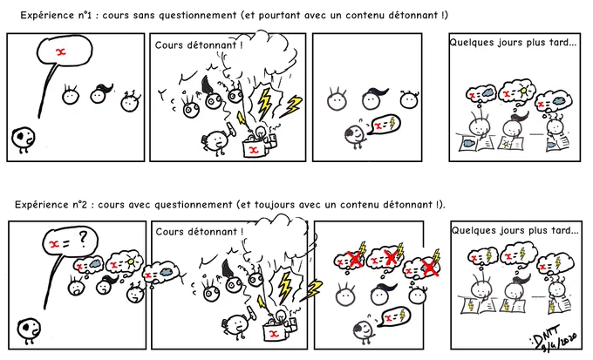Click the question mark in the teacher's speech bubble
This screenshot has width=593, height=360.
click(x=83, y=239)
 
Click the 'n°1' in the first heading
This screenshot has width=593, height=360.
click(x=83, y=15)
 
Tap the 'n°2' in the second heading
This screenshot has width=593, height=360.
click(x=78, y=205)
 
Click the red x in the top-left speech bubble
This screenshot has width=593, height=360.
click(x=60, y=51)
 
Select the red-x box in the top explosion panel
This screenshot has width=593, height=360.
click(x=255, y=148)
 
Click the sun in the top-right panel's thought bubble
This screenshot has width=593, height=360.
click(x=522, y=92)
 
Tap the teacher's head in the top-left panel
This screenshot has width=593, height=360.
click(x=23, y=137)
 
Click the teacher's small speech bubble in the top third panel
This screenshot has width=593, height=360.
click(x=385, y=125)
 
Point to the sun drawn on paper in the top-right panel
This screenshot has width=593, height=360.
click(x=507, y=144)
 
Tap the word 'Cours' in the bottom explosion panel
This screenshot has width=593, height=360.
click(x=168, y=232)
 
